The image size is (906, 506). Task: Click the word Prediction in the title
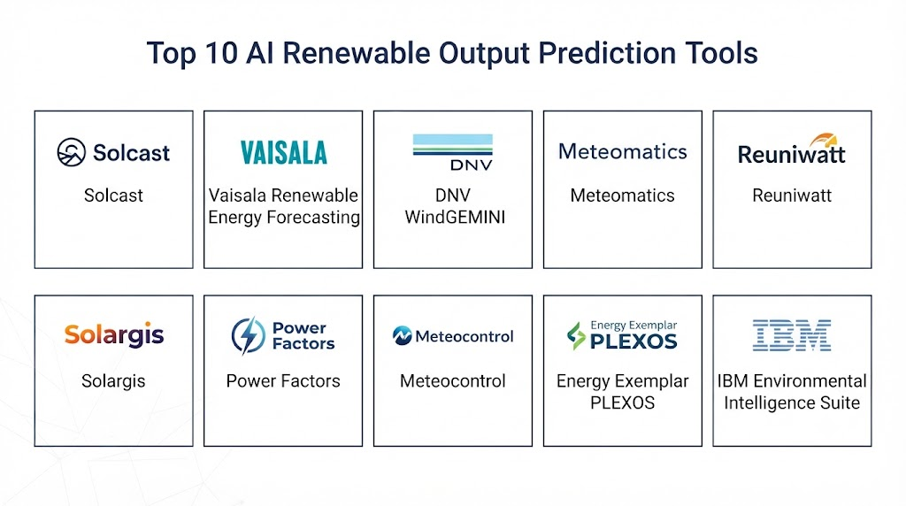(x=607, y=53)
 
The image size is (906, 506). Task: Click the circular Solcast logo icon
(x=72, y=152)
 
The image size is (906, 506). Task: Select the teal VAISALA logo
(x=284, y=152)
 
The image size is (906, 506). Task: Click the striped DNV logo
(x=453, y=152)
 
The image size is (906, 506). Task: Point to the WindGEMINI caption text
(x=455, y=218)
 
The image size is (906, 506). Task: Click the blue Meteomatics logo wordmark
(x=622, y=151)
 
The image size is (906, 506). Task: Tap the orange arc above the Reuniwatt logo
(x=824, y=140)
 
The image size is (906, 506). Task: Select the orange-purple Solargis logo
(x=114, y=334)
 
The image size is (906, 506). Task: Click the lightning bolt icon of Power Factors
(x=249, y=335)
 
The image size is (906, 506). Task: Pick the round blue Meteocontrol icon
(x=403, y=335)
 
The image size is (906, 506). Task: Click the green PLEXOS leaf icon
(x=575, y=335)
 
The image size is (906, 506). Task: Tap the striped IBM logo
(x=792, y=335)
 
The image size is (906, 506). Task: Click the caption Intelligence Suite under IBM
(x=792, y=402)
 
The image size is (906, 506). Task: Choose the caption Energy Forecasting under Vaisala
(x=284, y=218)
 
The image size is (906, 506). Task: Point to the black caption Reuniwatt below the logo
(x=792, y=195)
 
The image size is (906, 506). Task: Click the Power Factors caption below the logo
(x=283, y=380)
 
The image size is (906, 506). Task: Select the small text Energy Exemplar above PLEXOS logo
(x=633, y=326)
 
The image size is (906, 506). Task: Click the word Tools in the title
(x=722, y=53)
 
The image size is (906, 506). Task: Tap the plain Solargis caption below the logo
(x=113, y=381)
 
